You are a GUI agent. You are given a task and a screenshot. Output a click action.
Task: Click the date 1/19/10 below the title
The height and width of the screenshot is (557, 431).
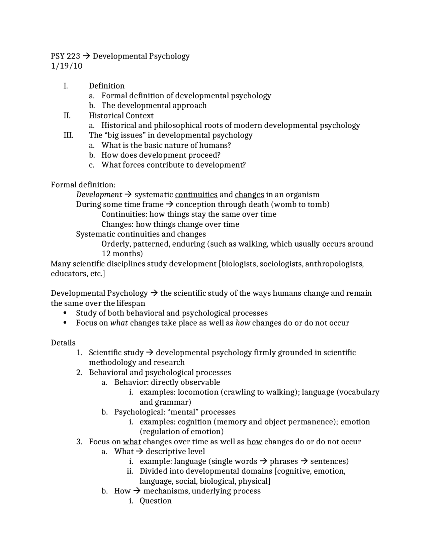click(x=66, y=66)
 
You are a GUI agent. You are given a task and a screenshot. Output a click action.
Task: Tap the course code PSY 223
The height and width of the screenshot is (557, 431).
click(x=65, y=56)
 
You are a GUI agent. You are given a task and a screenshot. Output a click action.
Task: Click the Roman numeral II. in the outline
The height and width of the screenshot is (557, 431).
click(x=67, y=116)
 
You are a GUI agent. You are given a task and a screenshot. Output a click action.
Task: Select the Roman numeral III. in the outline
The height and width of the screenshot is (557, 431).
click(x=68, y=135)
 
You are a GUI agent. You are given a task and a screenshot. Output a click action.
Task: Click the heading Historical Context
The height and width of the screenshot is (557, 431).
click(x=121, y=116)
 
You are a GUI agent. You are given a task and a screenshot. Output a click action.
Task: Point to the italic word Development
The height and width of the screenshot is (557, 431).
click(x=99, y=195)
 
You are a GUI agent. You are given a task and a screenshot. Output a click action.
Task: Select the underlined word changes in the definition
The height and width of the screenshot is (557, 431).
click(x=249, y=195)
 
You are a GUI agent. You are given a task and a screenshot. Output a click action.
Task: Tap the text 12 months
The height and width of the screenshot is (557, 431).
click(x=121, y=254)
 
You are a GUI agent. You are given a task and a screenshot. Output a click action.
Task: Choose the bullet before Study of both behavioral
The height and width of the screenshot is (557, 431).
click(x=65, y=313)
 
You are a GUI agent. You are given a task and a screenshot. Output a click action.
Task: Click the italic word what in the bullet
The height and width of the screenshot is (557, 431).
click(x=119, y=323)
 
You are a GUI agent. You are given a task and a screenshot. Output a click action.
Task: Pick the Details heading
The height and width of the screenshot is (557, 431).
click(x=63, y=343)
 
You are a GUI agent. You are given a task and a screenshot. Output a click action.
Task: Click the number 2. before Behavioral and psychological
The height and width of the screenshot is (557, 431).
click(x=79, y=373)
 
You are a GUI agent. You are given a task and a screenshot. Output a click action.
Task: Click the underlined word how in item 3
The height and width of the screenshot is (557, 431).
click(x=254, y=442)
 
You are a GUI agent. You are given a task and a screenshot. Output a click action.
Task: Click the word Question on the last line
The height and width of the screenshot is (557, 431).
click(x=155, y=501)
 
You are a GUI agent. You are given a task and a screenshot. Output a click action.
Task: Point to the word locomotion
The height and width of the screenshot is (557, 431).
click(x=198, y=393)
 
